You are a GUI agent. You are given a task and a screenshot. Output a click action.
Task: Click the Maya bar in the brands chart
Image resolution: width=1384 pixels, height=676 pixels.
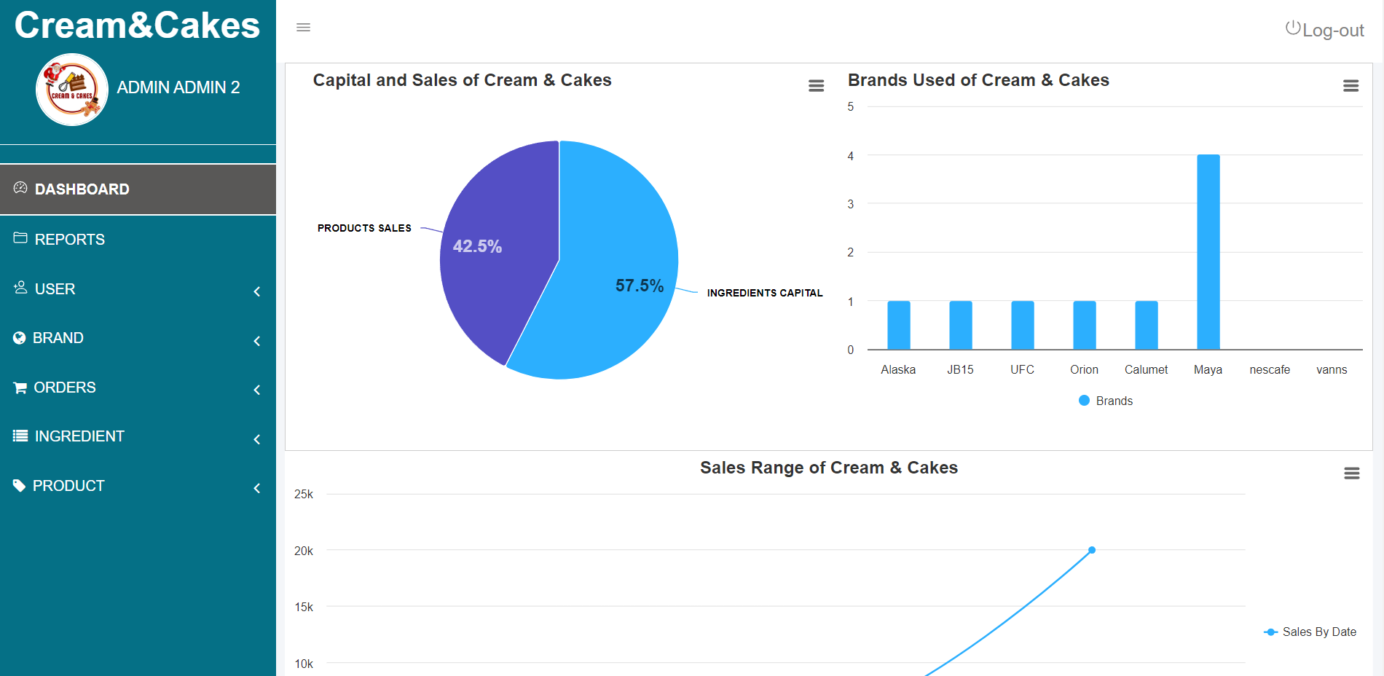(1208, 251)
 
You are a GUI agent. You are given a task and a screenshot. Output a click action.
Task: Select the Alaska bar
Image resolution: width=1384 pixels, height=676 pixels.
(898, 325)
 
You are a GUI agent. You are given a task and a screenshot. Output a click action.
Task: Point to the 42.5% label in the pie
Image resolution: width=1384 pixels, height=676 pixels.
(477, 246)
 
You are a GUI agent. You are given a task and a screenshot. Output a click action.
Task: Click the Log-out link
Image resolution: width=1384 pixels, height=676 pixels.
(1325, 30)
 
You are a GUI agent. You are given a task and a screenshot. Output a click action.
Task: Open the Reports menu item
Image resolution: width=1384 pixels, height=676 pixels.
(69, 239)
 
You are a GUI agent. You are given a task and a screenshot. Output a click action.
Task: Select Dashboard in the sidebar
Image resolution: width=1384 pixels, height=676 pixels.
(82, 189)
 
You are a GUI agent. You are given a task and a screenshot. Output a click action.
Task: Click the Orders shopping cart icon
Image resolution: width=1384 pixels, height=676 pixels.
(20, 388)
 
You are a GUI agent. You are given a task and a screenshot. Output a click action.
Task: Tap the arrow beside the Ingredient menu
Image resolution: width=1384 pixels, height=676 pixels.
(257, 439)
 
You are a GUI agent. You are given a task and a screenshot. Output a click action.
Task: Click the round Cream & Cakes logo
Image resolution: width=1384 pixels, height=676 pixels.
(72, 90)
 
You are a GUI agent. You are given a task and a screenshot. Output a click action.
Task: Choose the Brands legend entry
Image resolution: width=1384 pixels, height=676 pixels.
(1106, 401)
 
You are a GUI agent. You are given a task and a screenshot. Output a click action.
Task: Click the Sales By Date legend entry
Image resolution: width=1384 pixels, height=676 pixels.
(1310, 632)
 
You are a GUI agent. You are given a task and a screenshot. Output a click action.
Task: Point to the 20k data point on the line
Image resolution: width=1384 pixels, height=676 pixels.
(1092, 550)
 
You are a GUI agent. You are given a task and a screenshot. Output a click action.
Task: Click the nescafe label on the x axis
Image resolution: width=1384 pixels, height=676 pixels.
(1270, 369)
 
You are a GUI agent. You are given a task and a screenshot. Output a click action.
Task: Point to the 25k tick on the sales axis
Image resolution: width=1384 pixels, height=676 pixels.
(304, 494)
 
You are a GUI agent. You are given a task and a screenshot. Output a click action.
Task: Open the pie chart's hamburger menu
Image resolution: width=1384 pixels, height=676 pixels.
(816, 86)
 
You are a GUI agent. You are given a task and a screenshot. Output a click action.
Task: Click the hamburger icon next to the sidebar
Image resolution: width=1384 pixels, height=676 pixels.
(303, 28)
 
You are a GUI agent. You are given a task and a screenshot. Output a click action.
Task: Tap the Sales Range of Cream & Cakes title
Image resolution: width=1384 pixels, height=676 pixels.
(828, 468)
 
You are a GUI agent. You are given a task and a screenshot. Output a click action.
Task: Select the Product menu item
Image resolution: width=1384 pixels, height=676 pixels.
(68, 486)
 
